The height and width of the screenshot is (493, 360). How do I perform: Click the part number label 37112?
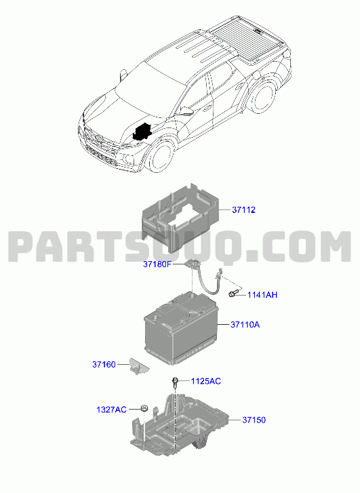coord(243,210)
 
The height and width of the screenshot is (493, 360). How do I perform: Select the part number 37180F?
coord(157,264)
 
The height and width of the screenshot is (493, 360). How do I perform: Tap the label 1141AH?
coord(262,295)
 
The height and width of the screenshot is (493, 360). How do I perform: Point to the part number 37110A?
coord(245,324)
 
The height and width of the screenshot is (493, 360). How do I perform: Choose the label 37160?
coord(104,364)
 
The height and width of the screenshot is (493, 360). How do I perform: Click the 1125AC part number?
coord(206,381)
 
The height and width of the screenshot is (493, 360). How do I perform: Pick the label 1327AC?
coord(111,410)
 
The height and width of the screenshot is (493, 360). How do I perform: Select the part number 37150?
coord(254,420)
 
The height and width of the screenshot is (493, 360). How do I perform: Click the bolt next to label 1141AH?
coord(233,294)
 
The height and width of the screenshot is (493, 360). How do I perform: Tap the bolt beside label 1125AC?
coord(175,383)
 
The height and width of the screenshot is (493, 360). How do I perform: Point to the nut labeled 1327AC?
coord(143,408)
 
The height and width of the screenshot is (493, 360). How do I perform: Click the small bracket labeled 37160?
coord(139,366)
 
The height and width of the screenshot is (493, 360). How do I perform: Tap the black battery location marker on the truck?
coord(142,131)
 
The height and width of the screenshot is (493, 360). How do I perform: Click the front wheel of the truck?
coord(161,157)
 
